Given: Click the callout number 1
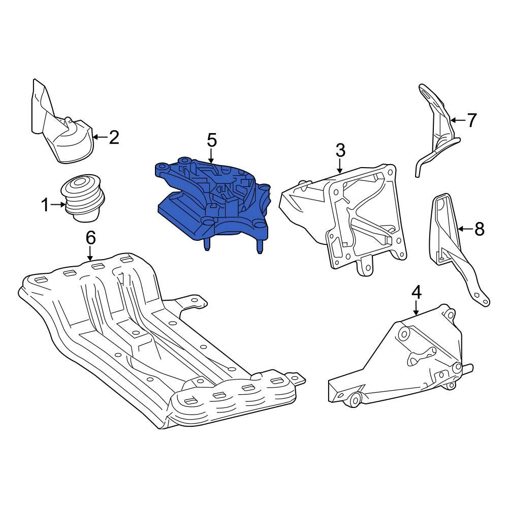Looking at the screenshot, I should [45, 205].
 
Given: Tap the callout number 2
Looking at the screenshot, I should [114, 137].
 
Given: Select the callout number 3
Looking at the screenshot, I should [340, 150].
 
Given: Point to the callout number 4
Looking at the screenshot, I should [416, 292].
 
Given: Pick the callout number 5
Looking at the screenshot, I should [211, 140].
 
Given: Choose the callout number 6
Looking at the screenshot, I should [90, 237].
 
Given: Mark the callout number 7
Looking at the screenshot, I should [472, 120].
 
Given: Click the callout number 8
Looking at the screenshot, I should [479, 229].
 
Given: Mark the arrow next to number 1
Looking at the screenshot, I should [58, 205].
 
